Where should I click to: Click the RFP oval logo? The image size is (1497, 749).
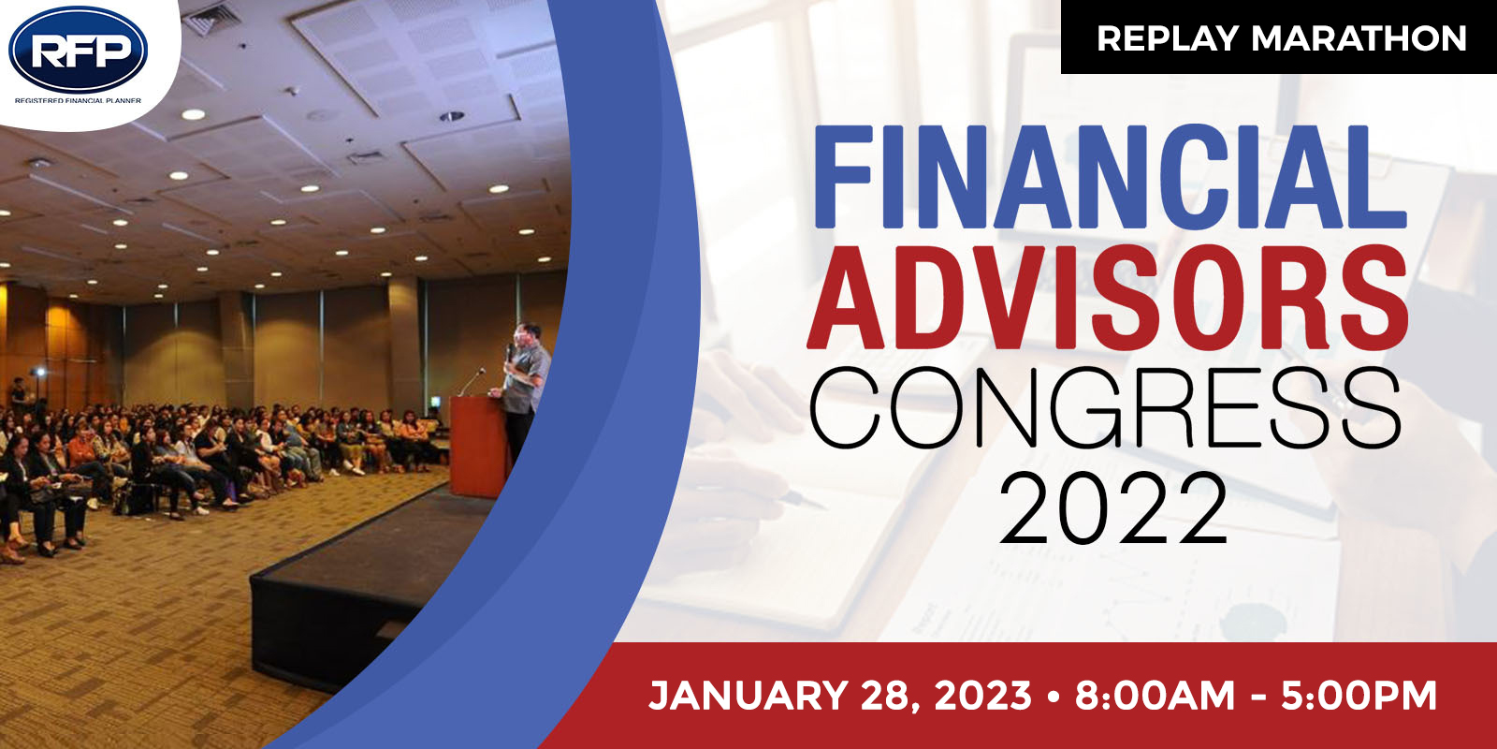[79, 50]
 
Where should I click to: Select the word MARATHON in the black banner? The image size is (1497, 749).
[1359, 38]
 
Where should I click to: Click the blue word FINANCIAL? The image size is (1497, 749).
[1111, 178]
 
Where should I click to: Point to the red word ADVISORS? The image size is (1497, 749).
[1109, 298]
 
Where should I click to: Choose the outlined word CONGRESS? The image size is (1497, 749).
[1105, 408]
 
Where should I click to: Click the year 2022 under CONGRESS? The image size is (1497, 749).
[1112, 508]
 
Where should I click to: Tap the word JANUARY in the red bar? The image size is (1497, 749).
[748, 696]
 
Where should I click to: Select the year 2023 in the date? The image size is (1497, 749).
[983, 696]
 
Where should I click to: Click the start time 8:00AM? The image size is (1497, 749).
[1155, 696]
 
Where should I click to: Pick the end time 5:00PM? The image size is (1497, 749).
[1359, 696]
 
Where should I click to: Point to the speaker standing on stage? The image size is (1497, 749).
[524, 388]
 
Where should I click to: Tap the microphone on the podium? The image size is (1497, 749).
[472, 381]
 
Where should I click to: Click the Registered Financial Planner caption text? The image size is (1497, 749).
[79, 101]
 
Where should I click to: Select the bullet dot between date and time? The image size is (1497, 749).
[1054, 697]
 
